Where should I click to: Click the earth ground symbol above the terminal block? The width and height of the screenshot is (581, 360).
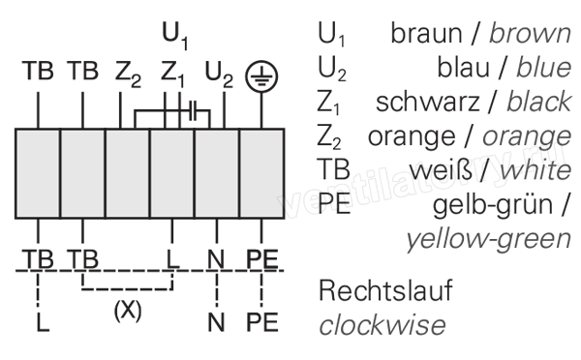click(261, 75)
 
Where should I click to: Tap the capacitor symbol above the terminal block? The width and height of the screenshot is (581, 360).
click(194, 110)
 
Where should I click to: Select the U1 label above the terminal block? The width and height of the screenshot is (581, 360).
click(175, 35)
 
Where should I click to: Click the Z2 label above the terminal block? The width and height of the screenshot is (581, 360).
click(128, 75)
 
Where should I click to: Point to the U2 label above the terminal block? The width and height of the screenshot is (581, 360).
click(219, 75)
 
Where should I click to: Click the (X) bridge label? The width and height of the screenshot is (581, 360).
click(128, 311)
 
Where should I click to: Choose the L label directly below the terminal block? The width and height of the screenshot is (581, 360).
click(172, 259)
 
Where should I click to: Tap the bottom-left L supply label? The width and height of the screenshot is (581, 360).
click(43, 322)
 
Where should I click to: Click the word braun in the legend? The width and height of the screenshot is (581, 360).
click(426, 33)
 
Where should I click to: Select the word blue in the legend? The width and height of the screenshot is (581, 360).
click(544, 68)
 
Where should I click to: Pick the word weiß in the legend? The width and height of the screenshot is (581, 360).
click(441, 170)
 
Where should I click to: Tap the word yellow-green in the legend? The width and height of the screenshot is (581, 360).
click(488, 239)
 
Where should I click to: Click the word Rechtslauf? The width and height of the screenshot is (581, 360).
click(385, 290)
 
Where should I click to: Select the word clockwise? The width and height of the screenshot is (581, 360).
click(382, 325)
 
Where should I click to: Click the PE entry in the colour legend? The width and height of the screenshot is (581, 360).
click(334, 204)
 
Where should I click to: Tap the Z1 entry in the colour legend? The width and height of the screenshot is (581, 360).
click(328, 103)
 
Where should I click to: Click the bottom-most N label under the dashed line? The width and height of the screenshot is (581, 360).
click(216, 322)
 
